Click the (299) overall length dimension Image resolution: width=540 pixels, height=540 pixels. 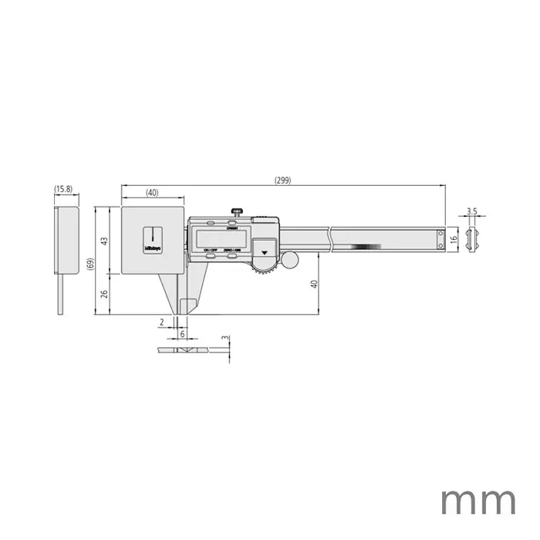point(282,180)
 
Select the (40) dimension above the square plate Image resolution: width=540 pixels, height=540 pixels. point(151,191)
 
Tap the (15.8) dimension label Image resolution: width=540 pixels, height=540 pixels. point(63,189)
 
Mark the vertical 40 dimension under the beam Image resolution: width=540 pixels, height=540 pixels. point(313,283)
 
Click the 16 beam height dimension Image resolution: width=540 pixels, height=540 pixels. point(454,238)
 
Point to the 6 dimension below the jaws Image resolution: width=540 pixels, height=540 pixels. point(182,334)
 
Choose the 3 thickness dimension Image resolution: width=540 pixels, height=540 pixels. point(224,339)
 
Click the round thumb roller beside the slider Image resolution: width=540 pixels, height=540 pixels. point(289,261)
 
